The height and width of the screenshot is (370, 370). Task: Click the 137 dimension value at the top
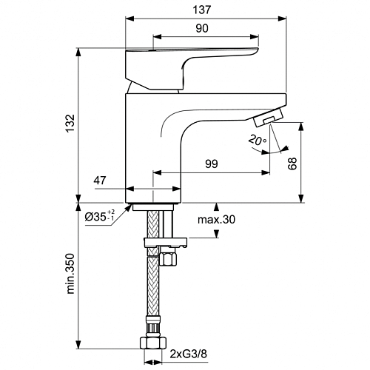[x=202, y=10]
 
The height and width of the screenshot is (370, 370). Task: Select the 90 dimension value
[x=202, y=28]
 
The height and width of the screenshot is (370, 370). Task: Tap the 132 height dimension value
[x=71, y=123]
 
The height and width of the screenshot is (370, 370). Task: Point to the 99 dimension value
[x=212, y=164]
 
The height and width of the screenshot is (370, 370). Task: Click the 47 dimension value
[x=100, y=181]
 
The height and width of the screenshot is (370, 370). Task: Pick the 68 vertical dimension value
[x=292, y=164]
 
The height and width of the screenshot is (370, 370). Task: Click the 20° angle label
[x=257, y=140]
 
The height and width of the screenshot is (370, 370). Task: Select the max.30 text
[x=216, y=219]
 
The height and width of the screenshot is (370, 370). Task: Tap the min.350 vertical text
[x=70, y=273]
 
